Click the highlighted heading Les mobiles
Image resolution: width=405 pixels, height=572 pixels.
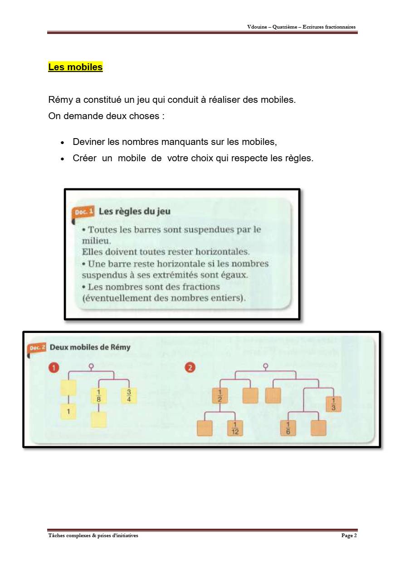point(75,67)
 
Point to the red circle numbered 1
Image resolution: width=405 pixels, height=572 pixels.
point(54,368)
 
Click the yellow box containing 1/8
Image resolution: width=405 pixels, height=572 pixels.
point(98,396)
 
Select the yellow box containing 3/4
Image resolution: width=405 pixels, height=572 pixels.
point(129,396)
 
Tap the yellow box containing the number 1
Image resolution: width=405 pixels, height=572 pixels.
point(68,411)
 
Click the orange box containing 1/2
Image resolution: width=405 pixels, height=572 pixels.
point(220,395)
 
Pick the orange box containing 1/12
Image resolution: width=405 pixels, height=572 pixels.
point(235,428)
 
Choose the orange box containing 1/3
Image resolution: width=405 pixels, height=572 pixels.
point(333,404)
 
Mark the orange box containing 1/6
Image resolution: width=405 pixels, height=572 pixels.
point(288,428)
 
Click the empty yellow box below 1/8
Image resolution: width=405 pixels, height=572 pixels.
point(98,420)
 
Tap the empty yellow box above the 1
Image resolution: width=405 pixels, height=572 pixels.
point(68,388)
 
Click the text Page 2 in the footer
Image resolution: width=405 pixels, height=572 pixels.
point(349,536)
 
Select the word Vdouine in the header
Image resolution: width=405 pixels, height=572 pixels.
point(257,27)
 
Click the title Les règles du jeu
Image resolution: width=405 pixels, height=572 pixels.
point(134,211)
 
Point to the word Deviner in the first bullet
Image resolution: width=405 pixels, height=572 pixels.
point(89,142)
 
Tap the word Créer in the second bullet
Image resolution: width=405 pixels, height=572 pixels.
point(85,159)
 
